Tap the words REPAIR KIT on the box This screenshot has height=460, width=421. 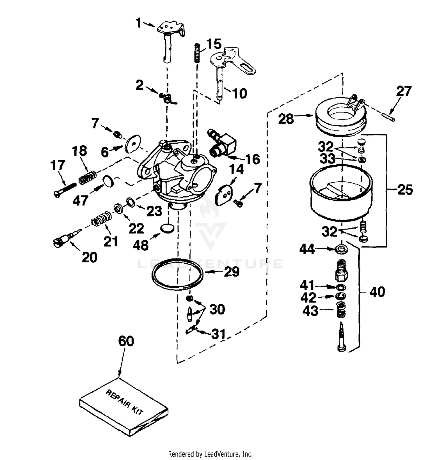[x=124, y=402]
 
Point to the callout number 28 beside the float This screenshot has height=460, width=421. [x=286, y=119]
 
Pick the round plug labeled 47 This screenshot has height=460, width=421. [x=108, y=181]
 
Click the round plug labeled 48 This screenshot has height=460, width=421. [x=167, y=228]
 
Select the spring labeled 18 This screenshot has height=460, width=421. [x=87, y=178]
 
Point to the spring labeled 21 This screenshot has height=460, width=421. [x=102, y=219]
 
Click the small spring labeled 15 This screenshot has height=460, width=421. [x=198, y=52]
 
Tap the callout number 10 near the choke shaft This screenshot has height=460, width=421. [x=239, y=93]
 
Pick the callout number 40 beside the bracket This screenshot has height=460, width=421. [x=377, y=292]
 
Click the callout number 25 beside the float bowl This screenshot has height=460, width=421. [x=405, y=190]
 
